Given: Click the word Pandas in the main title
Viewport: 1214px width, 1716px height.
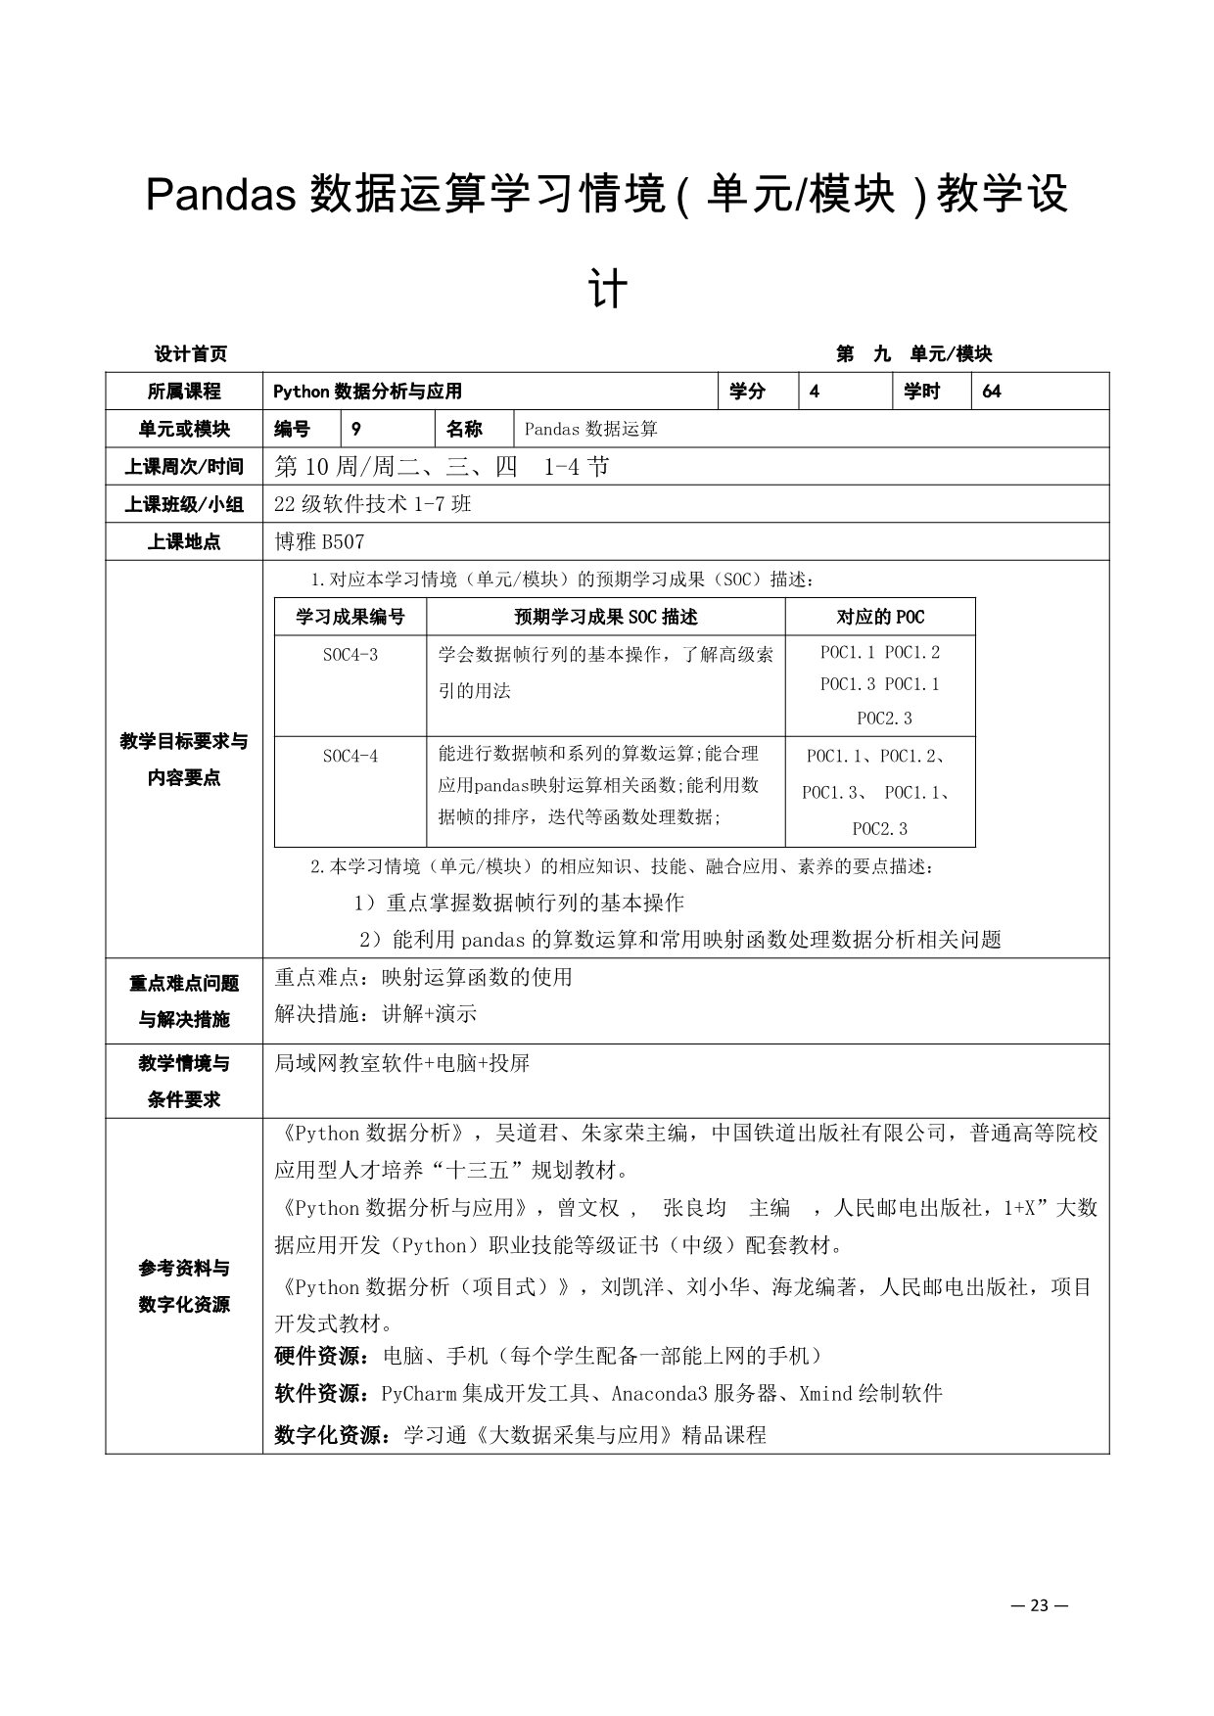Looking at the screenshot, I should (221, 195).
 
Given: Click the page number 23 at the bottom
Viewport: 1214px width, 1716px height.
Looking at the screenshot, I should (1039, 1604).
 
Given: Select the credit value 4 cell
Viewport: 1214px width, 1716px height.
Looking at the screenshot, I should (815, 392).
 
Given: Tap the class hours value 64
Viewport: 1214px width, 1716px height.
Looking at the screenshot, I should (992, 392).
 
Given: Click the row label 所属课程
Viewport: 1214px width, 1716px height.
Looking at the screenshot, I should (184, 392).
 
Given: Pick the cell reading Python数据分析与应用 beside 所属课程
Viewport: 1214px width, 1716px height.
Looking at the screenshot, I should (367, 392).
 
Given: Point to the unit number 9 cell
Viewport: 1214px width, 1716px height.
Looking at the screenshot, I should (356, 429).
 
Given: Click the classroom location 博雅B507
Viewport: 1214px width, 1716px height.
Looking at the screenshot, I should (320, 541).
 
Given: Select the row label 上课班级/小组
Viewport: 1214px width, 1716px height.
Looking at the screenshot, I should (184, 504).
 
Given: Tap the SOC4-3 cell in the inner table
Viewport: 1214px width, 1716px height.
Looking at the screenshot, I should (350, 655).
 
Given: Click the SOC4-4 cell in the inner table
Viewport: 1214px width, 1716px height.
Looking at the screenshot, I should (350, 756).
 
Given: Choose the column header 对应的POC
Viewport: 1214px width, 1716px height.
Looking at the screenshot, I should (880, 617).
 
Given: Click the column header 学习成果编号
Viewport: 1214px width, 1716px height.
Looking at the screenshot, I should (350, 617).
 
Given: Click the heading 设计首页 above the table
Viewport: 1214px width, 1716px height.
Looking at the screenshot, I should (191, 354).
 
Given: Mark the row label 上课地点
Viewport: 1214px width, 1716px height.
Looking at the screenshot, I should (184, 541).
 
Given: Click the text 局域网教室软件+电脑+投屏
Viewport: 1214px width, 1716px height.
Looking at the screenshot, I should (402, 1063).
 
